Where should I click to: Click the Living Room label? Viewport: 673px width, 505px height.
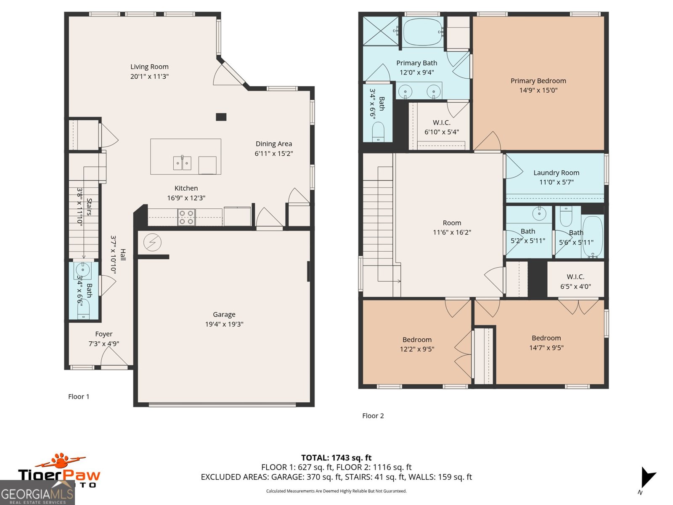(x=149, y=66)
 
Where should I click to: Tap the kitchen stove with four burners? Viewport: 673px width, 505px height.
(x=186, y=217)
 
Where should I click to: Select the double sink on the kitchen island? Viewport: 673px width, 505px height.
(x=182, y=163)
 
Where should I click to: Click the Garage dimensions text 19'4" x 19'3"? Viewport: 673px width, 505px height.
(x=224, y=324)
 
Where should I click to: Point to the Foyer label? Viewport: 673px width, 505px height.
(x=103, y=334)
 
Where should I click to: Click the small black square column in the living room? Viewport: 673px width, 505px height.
(x=221, y=117)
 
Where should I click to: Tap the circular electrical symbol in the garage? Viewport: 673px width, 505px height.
(x=152, y=242)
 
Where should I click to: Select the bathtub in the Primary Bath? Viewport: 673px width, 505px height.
(x=423, y=32)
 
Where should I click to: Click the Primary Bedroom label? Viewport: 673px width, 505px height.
(x=538, y=81)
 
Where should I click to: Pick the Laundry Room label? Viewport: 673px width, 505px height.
(x=556, y=173)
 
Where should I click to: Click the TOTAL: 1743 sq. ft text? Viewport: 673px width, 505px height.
(x=336, y=458)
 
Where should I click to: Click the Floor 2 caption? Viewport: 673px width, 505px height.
(x=373, y=416)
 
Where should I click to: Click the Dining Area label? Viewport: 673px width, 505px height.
(x=273, y=144)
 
